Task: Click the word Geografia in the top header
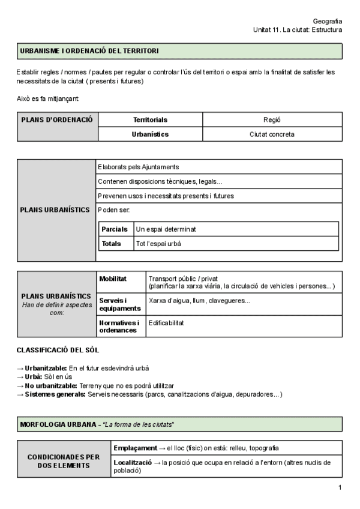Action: pos(328,20)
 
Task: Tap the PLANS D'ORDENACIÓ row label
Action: pos(57,119)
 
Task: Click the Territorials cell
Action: pos(150,119)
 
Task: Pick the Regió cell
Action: pos(272,119)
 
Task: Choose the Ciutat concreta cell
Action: pos(272,134)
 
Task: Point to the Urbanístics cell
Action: pos(150,134)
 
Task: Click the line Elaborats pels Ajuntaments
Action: pos(138,167)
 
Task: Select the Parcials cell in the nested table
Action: pos(115,229)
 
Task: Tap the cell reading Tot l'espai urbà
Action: pos(158,244)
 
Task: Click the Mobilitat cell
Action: pos(112,279)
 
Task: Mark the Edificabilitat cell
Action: pos(166,323)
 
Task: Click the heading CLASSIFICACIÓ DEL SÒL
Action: pos(58,349)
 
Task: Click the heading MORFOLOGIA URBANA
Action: pos(58,424)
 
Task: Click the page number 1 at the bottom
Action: pos(339,487)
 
